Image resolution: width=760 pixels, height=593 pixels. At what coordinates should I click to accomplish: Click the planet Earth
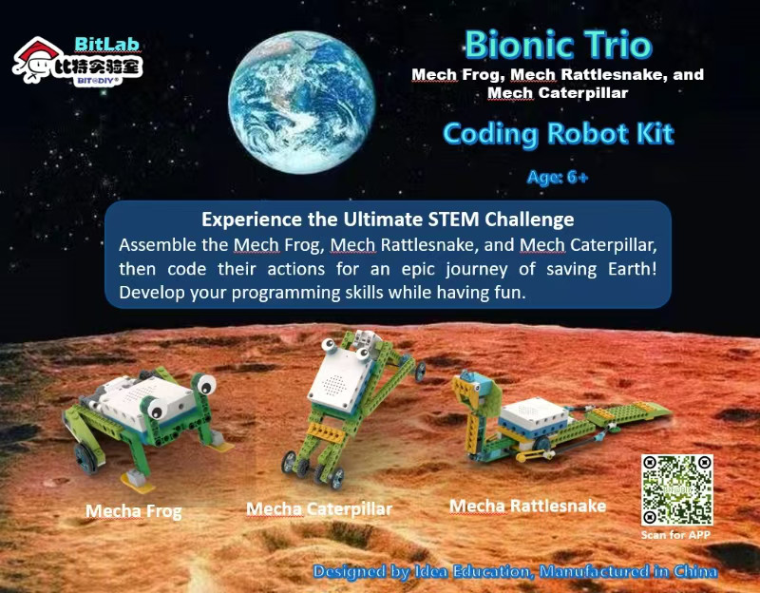point(301,102)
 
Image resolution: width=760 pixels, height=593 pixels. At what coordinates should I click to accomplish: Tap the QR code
point(676,489)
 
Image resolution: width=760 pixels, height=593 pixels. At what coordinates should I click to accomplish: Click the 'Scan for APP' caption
point(675,535)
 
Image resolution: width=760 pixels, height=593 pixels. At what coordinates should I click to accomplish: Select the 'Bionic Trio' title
point(559,45)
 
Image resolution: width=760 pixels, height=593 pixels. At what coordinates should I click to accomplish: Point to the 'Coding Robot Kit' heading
point(559,134)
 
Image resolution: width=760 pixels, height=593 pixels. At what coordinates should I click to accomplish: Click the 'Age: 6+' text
point(558,178)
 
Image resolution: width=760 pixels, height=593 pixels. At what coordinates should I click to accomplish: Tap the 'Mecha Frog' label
point(133,511)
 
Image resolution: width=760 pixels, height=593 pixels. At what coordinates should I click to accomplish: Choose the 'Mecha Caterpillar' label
point(319,509)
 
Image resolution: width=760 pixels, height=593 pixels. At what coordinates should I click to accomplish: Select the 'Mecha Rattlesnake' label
point(527,506)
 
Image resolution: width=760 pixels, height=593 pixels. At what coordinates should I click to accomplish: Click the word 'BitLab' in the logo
point(107,44)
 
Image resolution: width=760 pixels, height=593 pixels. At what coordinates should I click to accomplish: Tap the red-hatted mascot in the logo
point(35,59)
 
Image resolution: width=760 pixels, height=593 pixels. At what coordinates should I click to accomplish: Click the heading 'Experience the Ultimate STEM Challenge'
point(388,220)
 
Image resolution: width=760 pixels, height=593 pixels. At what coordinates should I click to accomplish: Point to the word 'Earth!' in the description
point(632,269)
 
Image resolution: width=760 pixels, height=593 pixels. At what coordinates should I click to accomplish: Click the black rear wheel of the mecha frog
point(85,458)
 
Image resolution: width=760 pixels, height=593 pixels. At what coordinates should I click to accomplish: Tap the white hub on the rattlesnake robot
point(533,417)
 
